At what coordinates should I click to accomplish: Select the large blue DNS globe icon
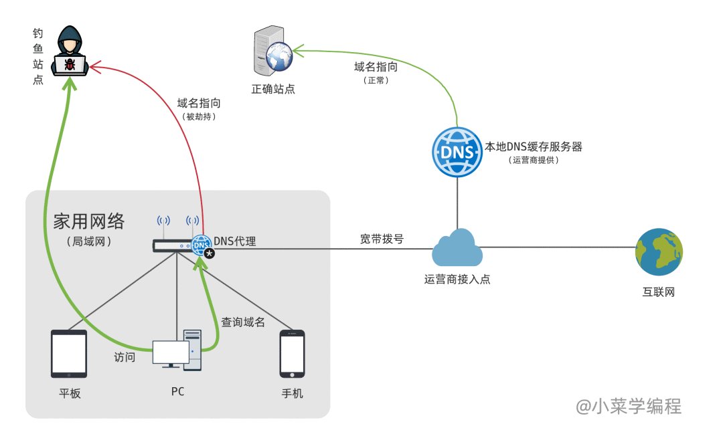point(457,152)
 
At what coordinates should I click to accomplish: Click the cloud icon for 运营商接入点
point(457,248)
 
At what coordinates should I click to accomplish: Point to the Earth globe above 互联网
point(659,252)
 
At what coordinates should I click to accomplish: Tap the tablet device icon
point(69,354)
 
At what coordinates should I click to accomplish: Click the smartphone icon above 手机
point(293,354)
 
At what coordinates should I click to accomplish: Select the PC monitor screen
point(170,352)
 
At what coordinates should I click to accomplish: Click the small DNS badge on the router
point(201,245)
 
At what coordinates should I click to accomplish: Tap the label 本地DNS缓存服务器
point(534,146)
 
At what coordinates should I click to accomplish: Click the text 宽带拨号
point(382,239)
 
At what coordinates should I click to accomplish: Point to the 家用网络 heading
point(89,221)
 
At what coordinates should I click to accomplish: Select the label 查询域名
point(244,322)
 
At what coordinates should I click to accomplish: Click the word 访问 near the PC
point(125,357)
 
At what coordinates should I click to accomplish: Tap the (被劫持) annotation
point(199,116)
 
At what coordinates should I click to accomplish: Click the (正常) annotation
point(376,80)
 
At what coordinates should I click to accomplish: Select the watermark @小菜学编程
point(629,406)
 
